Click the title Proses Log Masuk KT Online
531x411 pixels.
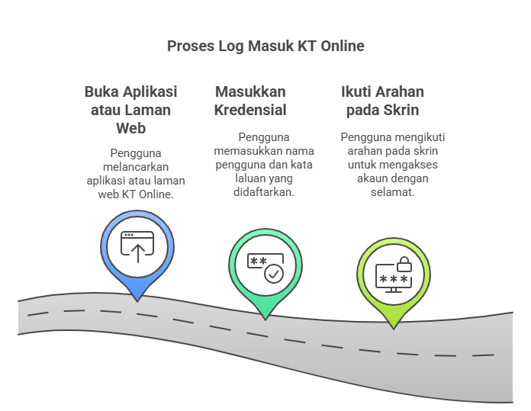coord(265,46)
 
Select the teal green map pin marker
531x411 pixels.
coord(264,268)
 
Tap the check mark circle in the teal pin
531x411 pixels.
coord(273,274)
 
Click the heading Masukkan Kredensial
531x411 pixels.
coord(251,101)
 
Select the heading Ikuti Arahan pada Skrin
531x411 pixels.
coord(382,101)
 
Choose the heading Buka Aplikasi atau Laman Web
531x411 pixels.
coord(130,110)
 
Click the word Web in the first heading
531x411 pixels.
coord(130,128)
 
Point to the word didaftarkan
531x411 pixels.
coord(264,192)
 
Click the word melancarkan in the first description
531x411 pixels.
coord(137,166)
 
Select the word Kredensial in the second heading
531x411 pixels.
coord(251,110)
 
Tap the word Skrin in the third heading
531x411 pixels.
coord(402,110)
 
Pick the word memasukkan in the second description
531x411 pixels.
coord(241,151)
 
